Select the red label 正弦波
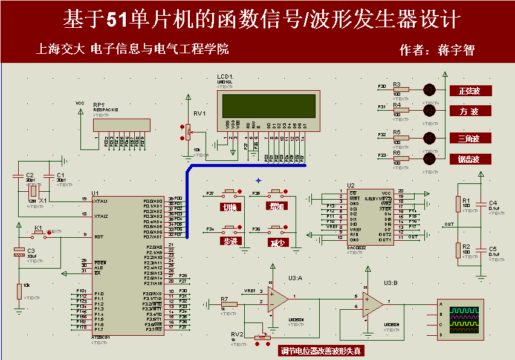[x=470, y=91]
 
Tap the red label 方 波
[x=470, y=111]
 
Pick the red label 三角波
[x=470, y=139]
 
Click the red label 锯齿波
[x=470, y=160]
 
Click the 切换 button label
[x=230, y=207]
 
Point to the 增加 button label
[x=277, y=207]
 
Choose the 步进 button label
[x=230, y=241]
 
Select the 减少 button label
[x=277, y=242]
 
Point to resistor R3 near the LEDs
[x=400, y=90]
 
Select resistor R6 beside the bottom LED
[x=400, y=159]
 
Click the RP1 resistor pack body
[x=121, y=125]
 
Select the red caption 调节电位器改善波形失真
[x=322, y=351]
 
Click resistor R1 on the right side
[x=458, y=205]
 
